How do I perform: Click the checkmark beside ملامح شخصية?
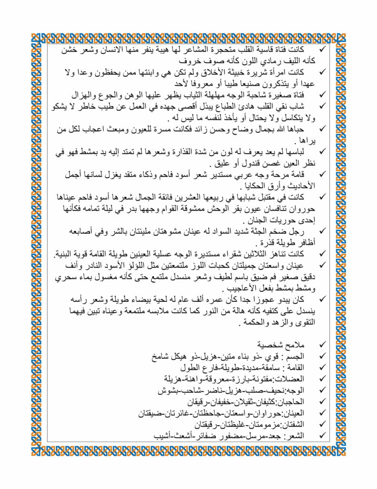tap(323, 344)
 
